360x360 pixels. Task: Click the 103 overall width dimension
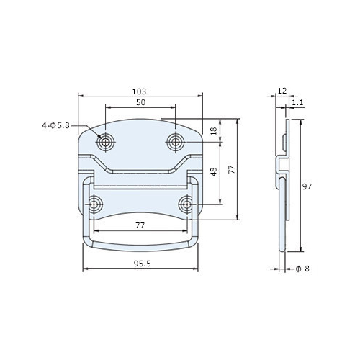click(139, 91)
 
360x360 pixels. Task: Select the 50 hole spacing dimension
click(141, 102)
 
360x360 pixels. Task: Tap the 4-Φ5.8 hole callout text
click(55, 125)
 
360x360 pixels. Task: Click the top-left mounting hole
click(105, 142)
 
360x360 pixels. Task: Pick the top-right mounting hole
click(176, 142)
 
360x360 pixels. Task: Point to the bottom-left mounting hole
click(94, 204)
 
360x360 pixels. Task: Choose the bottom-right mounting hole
click(187, 204)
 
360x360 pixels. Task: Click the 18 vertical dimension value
click(214, 130)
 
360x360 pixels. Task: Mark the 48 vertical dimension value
click(214, 172)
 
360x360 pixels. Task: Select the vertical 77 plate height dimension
click(232, 169)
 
